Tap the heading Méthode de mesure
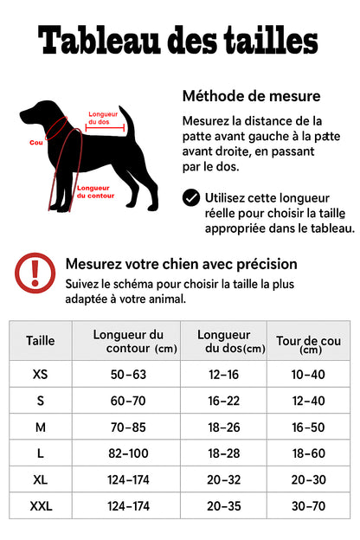[x=251, y=96]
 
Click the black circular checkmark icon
[x=191, y=198]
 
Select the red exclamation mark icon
[x=35, y=272]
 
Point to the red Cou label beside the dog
[x=35, y=142]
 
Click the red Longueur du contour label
[x=95, y=191]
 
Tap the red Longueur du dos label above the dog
[x=103, y=119]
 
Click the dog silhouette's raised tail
[x=125, y=120]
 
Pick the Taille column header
[x=40, y=340]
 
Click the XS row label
[x=40, y=374]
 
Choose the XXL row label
[x=40, y=505]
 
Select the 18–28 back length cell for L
[x=223, y=453]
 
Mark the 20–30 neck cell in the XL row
[x=309, y=479]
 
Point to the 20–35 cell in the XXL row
[x=223, y=505]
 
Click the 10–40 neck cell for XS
[x=309, y=374]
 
